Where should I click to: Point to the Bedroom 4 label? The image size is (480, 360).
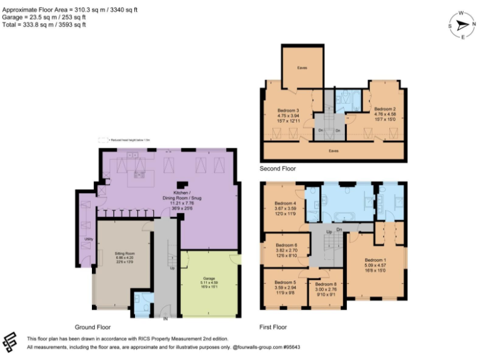[x=285, y=203]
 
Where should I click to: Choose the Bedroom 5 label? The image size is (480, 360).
[x=285, y=282]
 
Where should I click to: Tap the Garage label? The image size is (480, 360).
[x=208, y=279]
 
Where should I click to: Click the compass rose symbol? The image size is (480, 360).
[x=462, y=26]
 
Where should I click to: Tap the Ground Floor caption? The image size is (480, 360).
[x=94, y=327]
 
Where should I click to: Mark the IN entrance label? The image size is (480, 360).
[x=165, y=319]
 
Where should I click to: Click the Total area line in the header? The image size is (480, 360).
[x=44, y=25]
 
